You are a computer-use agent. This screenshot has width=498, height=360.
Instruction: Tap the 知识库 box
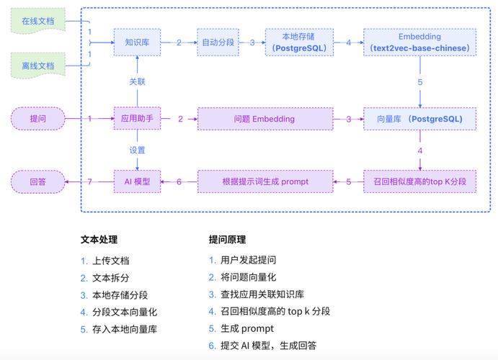[x=137, y=42]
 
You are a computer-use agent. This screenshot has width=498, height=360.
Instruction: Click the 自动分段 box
[x=218, y=42]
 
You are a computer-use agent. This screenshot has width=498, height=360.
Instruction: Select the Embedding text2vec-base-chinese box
[x=419, y=42]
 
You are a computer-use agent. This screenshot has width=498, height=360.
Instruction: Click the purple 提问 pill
[x=37, y=118]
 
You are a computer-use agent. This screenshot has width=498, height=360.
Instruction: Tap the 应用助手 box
[x=137, y=118]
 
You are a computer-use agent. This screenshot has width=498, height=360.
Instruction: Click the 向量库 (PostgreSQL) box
[x=419, y=118]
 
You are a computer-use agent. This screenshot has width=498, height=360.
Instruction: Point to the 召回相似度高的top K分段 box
[x=419, y=181]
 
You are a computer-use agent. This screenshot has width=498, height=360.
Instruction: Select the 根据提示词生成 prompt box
[x=264, y=181]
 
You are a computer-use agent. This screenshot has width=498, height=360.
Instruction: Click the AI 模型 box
[x=137, y=181]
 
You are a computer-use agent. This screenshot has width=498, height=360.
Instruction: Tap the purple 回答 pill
[x=37, y=181]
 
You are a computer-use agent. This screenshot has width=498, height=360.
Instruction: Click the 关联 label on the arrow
[x=137, y=81]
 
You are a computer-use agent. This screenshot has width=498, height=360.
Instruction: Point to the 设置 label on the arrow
[x=137, y=150]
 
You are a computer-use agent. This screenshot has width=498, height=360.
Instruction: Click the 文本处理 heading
[x=99, y=240]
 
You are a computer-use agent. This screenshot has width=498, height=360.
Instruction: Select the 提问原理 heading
[x=227, y=240]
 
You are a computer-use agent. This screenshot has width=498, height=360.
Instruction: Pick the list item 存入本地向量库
[x=124, y=329]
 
